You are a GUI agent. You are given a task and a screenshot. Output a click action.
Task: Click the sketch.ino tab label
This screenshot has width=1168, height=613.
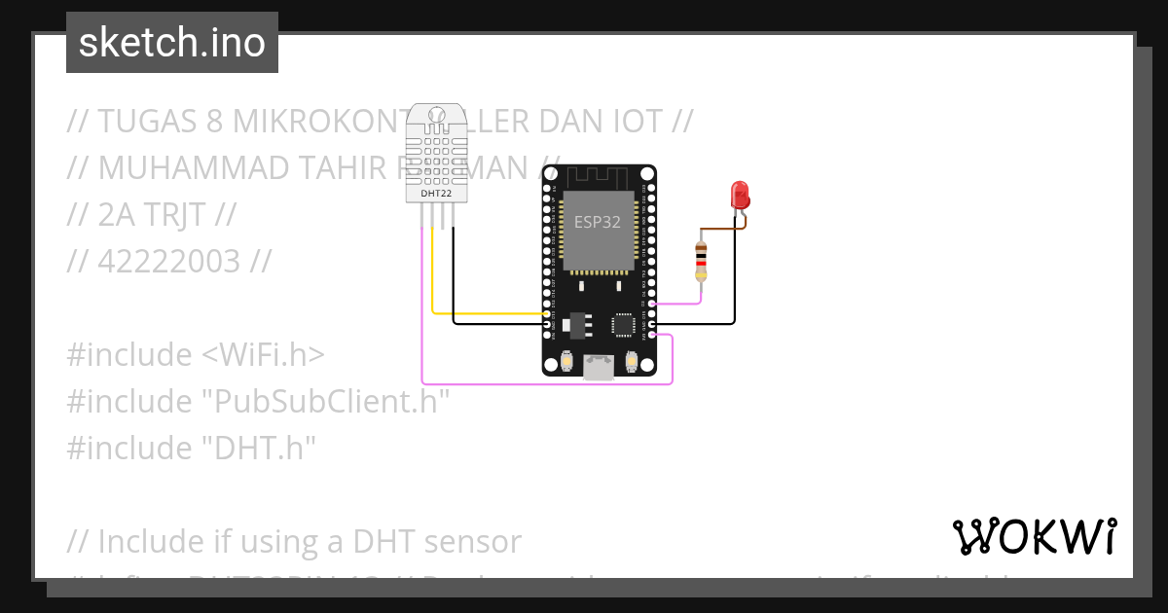(171, 43)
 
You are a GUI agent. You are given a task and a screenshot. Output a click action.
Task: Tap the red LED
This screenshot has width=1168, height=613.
(741, 194)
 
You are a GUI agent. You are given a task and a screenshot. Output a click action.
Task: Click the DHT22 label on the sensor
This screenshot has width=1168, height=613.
(435, 194)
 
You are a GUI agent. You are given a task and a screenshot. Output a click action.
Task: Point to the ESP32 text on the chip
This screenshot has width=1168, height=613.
(598, 222)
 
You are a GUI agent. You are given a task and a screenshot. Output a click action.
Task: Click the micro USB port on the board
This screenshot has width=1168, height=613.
(599, 366)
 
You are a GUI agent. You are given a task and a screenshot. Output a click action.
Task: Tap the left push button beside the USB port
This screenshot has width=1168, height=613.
(566, 362)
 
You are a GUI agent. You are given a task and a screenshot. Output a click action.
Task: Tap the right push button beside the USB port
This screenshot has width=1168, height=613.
(632, 362)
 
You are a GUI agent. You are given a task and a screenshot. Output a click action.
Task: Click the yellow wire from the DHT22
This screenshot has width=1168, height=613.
(487, 313)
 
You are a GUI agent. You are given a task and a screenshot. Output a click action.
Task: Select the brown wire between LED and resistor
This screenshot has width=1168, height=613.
(724, 230)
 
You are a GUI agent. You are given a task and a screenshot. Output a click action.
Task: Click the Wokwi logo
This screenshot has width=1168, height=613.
(1034, 536)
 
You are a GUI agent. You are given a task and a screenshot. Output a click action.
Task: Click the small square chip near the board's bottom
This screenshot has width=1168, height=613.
(622, 325)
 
